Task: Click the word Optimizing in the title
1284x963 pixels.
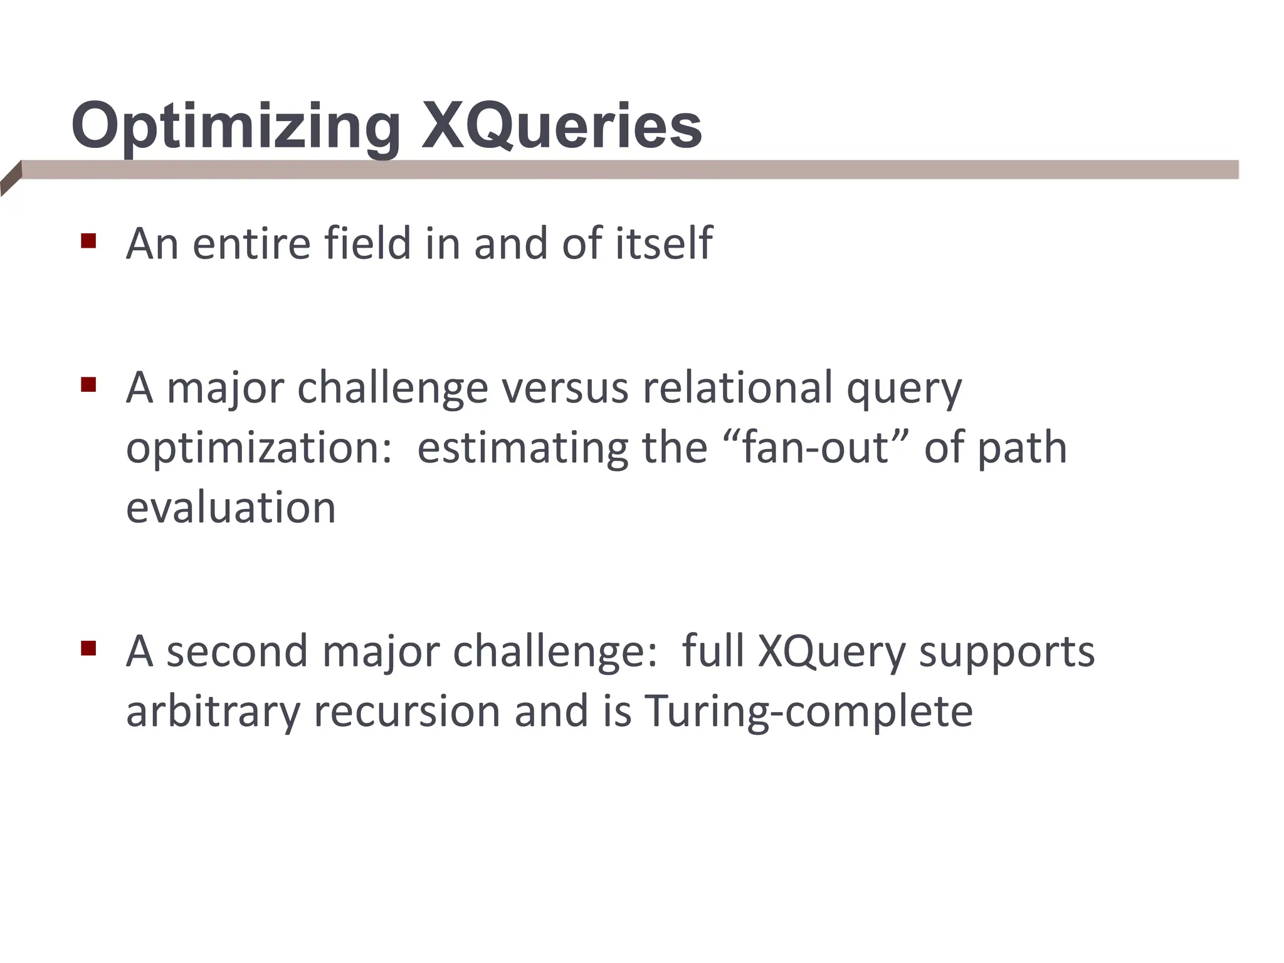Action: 236,127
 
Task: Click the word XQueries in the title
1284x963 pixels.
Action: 562,127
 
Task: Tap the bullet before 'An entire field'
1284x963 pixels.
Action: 88,241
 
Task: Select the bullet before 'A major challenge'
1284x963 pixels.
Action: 88,384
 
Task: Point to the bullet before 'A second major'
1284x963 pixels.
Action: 88,648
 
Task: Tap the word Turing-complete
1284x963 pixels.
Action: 809,712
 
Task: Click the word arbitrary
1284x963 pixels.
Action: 213,712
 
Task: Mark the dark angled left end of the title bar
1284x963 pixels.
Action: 11,179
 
